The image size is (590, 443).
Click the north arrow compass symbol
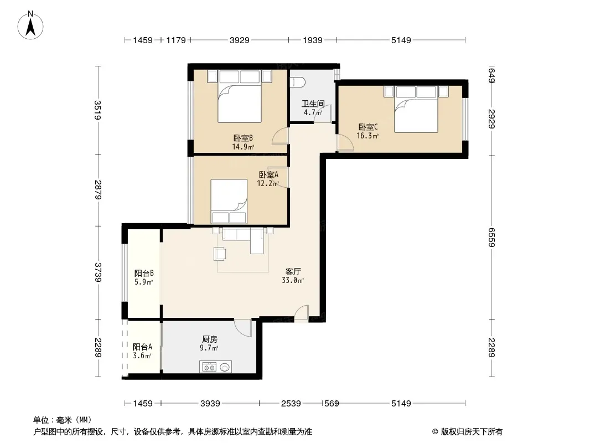tap(30, 25)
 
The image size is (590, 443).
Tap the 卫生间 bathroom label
tap(313, 104)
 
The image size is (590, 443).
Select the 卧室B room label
tap(243, 138)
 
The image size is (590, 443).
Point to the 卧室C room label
tap(368, 127)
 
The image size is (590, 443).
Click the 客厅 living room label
tap(293, 271)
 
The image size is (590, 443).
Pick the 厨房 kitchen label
tap(209, 339)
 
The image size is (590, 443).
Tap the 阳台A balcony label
tap(142, 347)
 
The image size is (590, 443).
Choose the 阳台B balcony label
tap(144, 273)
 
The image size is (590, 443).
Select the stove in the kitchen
tap(209, 367)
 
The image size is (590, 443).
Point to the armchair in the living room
tap(220, 253)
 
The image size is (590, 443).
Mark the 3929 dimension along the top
tap(240, 40)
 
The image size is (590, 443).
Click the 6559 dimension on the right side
tap(491, 238)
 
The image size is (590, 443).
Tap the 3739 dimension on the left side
tap(98, 272)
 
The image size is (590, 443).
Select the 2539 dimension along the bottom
tap(291, 404)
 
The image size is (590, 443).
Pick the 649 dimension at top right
tap(491, 75)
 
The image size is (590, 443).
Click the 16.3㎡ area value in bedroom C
tap(368, 136)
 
